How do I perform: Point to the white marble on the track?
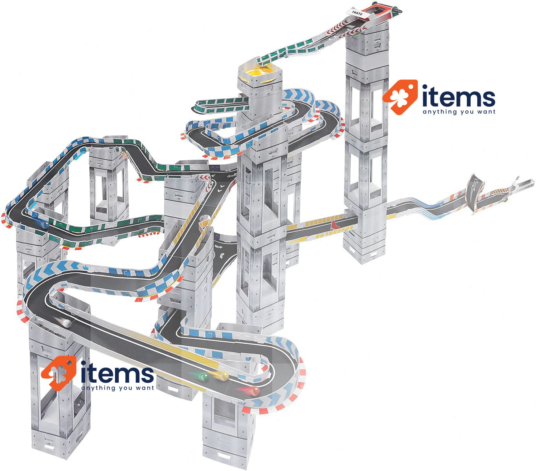[x=66, y=323]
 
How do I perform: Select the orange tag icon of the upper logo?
[x=400, y=97]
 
